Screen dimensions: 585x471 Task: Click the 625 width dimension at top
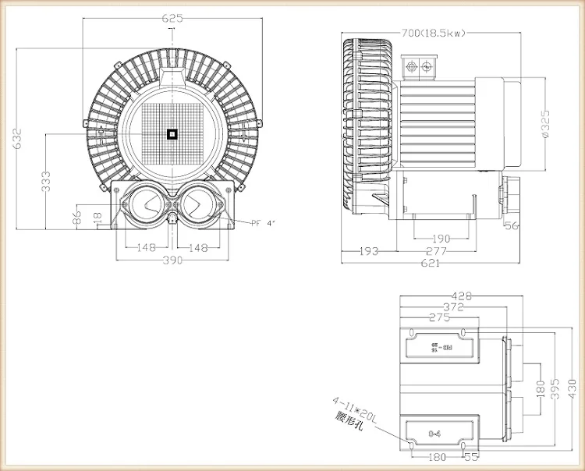[x=172, y=18]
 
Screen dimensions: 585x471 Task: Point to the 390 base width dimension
[x=172, y=260]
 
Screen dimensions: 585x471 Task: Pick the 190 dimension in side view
[x=441, y=239]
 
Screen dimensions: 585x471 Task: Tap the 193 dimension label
[x=369, y=251]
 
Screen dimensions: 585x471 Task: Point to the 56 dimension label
[x=512, y=226]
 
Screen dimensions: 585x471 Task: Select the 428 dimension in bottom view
[x=463, y=296]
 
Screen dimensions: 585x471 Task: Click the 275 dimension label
[x=441, y=317]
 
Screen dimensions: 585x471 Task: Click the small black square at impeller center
[x=172, y=134]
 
